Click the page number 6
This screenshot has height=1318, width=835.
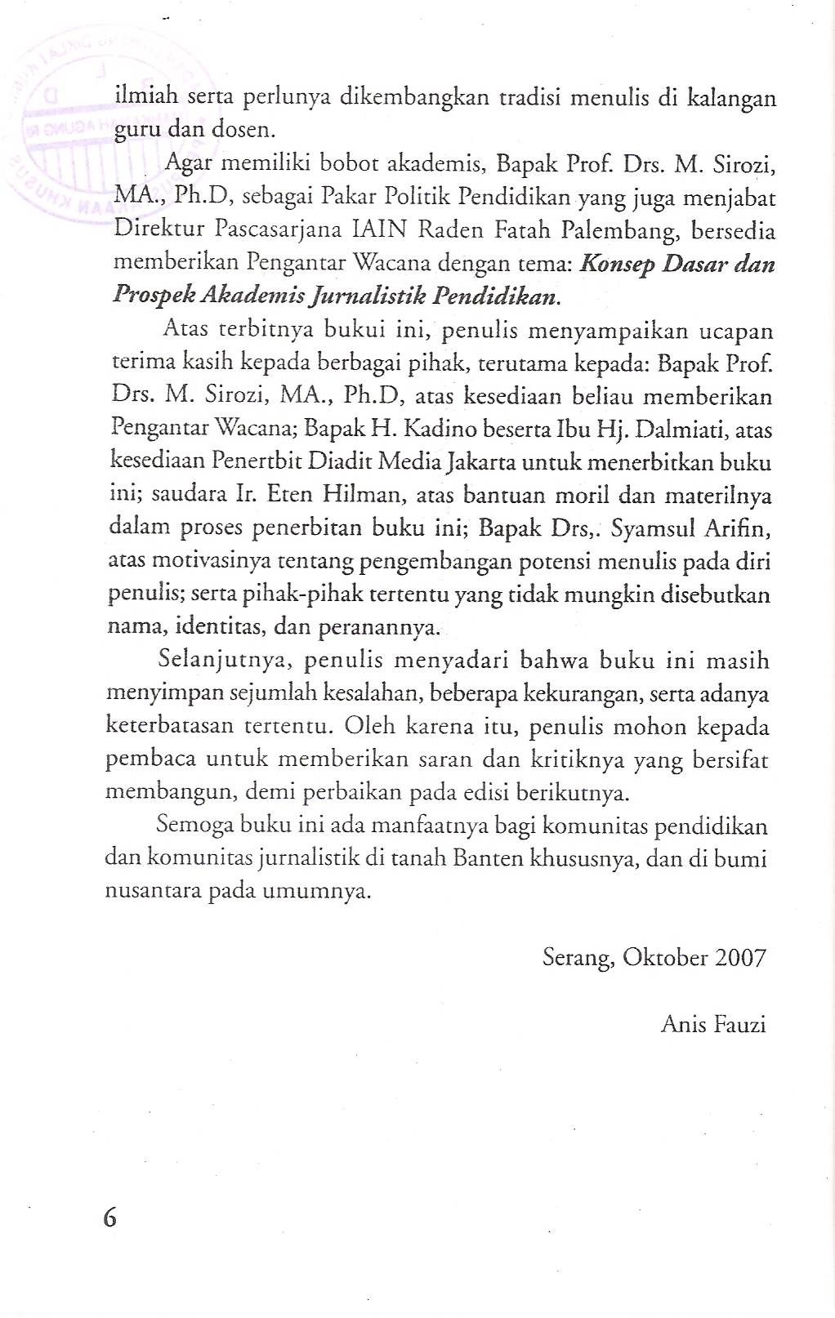[110, 1218]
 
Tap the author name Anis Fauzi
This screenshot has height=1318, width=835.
[713, 1024]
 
